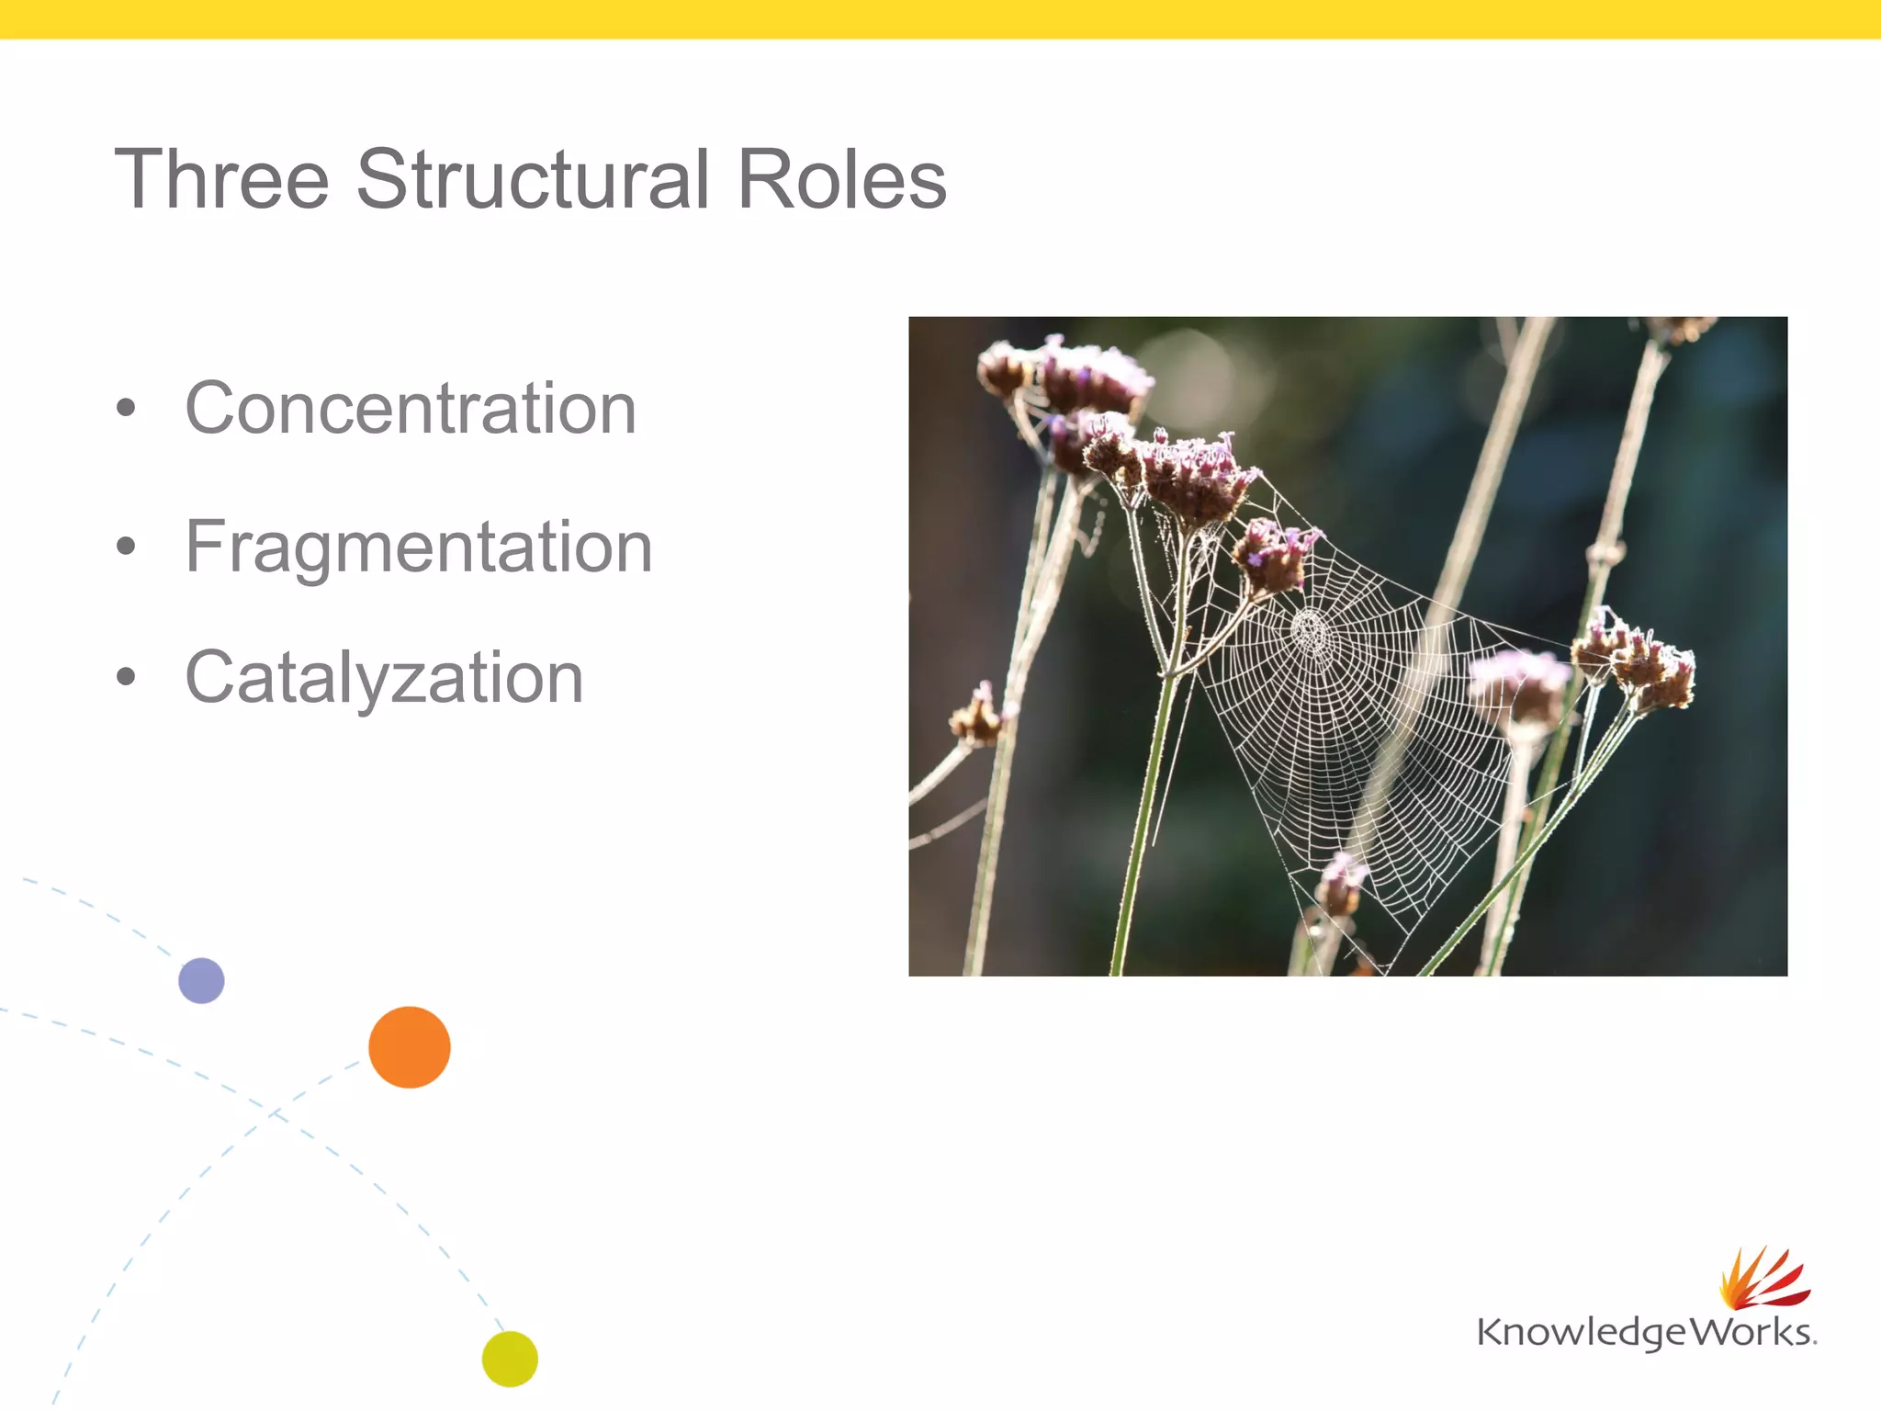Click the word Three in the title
[221, 179]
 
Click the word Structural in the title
[533, 179]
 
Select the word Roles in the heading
[841, 179]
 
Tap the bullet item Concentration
[411, 408]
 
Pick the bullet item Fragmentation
[419, 547]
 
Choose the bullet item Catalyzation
[384, 677]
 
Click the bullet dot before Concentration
[126, 409]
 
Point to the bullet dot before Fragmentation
[126, 547]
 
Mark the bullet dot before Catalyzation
[126, 678]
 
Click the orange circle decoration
[410, 1047]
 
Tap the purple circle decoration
[201, 980]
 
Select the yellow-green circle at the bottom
[510, 1359]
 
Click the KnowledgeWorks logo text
[1644, 1332]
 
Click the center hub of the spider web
[1311, 631]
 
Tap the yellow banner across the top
[940, 18]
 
